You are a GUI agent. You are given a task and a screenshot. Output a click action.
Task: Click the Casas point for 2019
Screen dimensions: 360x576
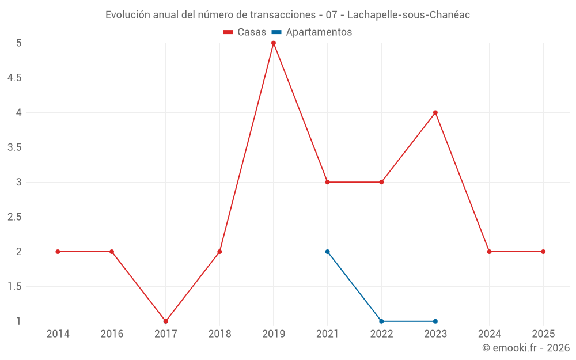click(x=274, y=43)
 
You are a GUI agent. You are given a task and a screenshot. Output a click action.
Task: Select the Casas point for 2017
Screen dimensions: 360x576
click(x=166, y=321)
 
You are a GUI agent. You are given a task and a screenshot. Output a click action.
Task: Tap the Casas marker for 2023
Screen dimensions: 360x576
click(x=435, y=112)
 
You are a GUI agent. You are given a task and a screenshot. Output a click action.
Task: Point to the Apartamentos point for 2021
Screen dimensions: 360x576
click(x=328, y=252)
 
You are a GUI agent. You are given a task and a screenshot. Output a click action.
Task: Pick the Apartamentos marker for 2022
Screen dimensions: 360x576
click(x=381, y=321)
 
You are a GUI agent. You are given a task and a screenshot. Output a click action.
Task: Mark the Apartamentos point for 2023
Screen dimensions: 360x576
click(x=435, y=321)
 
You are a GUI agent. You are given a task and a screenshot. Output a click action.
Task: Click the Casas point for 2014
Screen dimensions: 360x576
click(x=58, y=252)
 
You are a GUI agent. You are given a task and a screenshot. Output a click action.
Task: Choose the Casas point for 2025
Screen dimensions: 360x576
click(x=543, y=252)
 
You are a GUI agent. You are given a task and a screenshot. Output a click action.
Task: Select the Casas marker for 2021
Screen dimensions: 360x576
click(x=328, y=182)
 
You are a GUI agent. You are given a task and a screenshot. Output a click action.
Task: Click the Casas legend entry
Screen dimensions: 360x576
click(x=245, y=32)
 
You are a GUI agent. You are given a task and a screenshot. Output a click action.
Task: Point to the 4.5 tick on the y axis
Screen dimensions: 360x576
click(x=14, y=78)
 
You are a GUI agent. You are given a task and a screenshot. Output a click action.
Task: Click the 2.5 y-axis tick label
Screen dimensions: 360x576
click(x=14, y=217)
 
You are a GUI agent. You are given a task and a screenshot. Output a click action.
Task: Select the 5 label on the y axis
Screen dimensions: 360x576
click(x=19, y=43)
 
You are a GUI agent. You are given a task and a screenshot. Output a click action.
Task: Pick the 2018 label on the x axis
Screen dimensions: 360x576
click(x=219, y=334)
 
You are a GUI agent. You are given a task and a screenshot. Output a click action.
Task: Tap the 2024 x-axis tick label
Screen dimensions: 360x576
click(x=489, y=334)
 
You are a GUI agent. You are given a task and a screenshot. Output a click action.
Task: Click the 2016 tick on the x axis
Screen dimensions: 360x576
click(x=112, y=334)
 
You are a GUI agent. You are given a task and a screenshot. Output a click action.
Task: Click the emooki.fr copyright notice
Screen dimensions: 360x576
click(x=526, y=348)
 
